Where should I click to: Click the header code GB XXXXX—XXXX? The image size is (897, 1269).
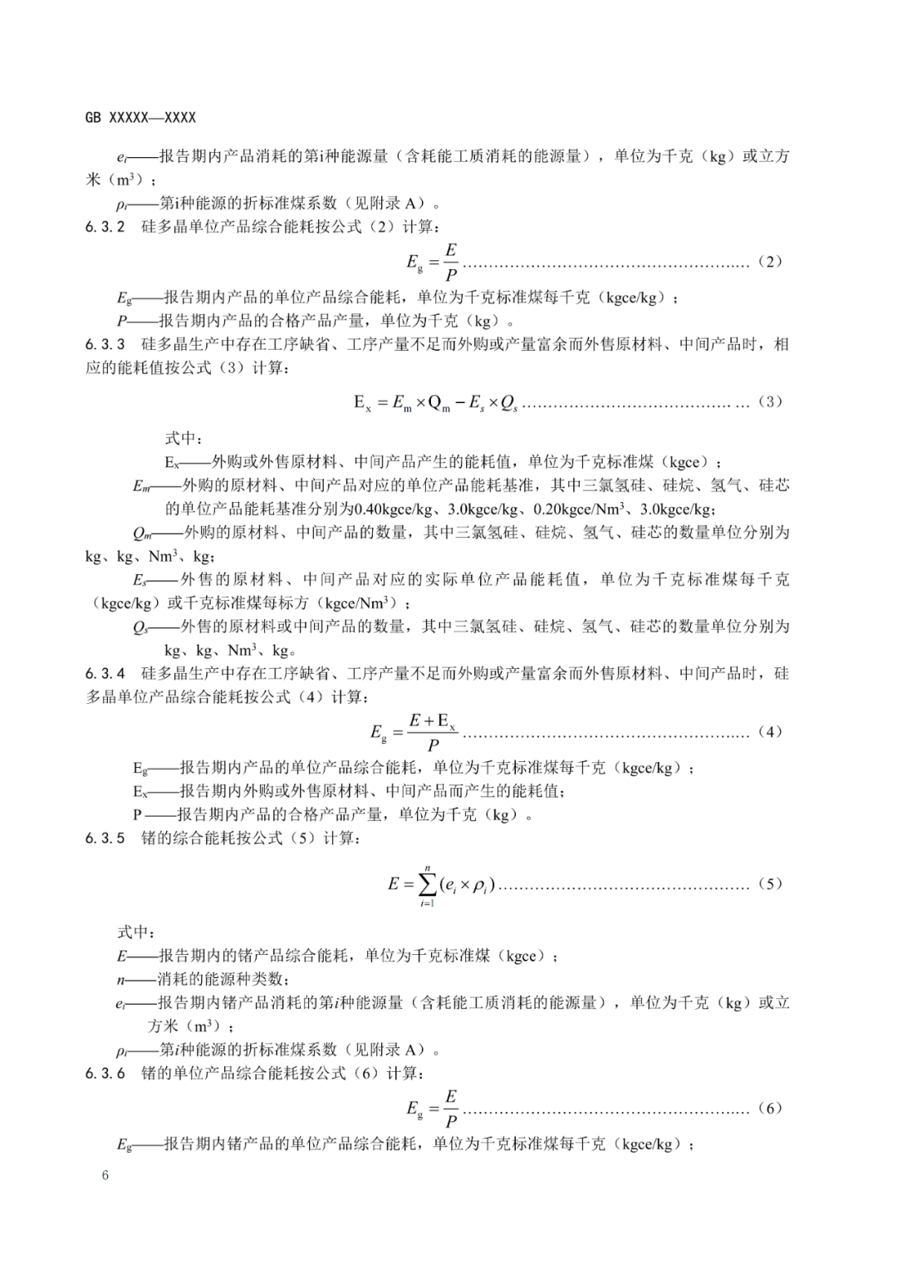click(140, 118)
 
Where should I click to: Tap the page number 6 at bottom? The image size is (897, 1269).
click(105, 1175)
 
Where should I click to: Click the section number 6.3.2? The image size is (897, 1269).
click(105, 226)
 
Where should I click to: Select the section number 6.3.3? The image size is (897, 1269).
click(105, 344)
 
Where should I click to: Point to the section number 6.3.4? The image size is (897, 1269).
click(105, 673)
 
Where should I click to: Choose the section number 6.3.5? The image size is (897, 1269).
click(105, 838)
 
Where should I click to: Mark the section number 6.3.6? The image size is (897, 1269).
click(105, 1073)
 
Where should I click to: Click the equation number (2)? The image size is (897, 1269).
click(770, 262)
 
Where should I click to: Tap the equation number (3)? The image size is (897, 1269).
click(770, 402)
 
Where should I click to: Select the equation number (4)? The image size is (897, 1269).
click(770, 732)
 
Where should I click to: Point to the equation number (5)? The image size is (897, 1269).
click(770, 883)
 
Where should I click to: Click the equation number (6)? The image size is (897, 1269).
click(770, 1108)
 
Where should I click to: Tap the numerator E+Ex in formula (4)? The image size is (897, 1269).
click(433, 721)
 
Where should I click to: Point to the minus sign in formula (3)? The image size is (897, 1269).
click(460, 403)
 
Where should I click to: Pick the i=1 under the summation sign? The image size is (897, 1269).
click(428, 903)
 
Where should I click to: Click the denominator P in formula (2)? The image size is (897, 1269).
click(451, 274)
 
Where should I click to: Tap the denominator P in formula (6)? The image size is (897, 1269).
click(451, 1120)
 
